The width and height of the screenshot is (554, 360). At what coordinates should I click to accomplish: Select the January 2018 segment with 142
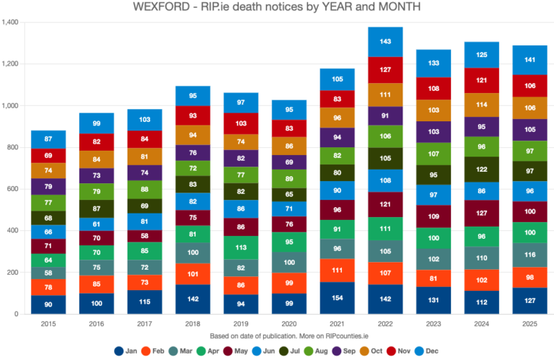193,299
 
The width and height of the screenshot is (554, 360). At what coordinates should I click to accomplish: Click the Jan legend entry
126,351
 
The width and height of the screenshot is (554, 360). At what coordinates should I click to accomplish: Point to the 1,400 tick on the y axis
12,22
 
